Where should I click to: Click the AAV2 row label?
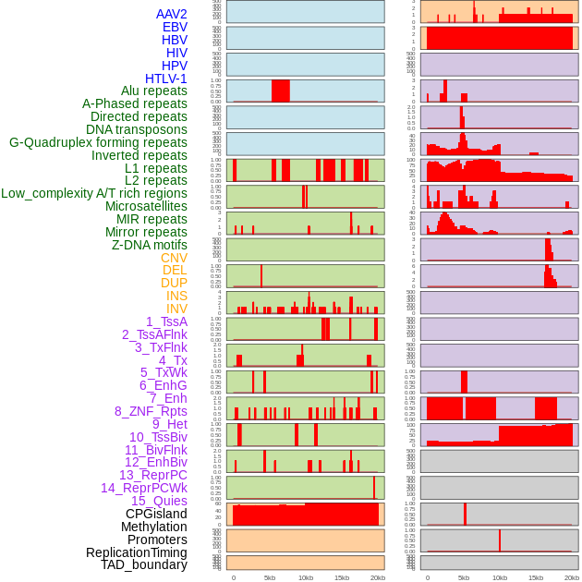click(172, 14)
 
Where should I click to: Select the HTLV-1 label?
click(166, 79)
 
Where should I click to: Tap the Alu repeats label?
click(154, 91)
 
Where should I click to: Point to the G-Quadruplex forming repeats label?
click(98, 142)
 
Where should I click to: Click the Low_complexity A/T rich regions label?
click(94, 193)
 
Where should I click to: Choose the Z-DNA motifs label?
click(150, 245)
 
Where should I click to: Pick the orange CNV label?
click(174, 258)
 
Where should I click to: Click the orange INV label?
click(176, 309)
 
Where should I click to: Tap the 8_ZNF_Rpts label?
click(151, 411)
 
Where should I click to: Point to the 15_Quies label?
click(159, 501)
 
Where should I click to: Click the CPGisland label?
click(156, 514)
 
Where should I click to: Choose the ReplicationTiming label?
click(137, 552)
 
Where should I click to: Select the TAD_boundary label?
click(144, 564)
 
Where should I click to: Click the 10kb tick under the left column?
click(306, 577)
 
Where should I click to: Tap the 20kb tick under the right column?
click(572, 577)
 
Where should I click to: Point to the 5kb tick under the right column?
click(464, 577)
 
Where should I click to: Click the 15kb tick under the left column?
click(342, 577)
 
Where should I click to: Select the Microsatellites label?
click(146, 206)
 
